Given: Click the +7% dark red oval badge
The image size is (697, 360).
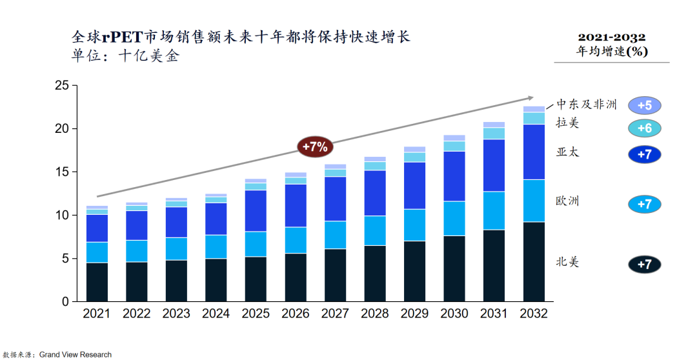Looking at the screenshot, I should [316, 146].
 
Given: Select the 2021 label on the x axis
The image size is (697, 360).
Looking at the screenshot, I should [97, 314].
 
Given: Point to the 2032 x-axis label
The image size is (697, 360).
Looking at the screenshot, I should [534, 314].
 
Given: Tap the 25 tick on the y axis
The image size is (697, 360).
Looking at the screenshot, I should [62, 85].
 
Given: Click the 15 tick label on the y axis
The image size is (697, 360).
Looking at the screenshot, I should [62, 172].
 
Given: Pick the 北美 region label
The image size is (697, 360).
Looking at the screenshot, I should [568, 261].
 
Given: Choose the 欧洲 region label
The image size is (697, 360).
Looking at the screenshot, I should [568, 201].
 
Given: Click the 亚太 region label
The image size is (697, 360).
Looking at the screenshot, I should [568, 152].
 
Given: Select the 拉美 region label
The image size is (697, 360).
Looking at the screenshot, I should [568, 123].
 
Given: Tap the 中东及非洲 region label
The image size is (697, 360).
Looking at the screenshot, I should [587, 104].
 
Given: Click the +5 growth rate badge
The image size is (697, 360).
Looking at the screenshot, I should [644, 105].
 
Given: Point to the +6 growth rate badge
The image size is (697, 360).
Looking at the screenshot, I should [644, 128].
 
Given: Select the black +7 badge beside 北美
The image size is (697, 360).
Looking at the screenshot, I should [644, 264].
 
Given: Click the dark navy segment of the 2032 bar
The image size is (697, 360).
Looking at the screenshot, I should [534, 261].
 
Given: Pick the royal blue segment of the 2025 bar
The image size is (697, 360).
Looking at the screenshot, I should [256, 210].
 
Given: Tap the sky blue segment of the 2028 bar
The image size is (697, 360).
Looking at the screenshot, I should [375, 230].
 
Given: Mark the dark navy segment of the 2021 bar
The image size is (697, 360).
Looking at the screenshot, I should [97, 282].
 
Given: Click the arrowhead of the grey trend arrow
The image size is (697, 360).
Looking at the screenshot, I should [530, 98].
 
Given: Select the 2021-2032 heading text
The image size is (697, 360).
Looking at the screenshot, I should [611, 37].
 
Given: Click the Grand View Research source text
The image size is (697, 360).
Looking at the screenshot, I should [76, 354].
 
